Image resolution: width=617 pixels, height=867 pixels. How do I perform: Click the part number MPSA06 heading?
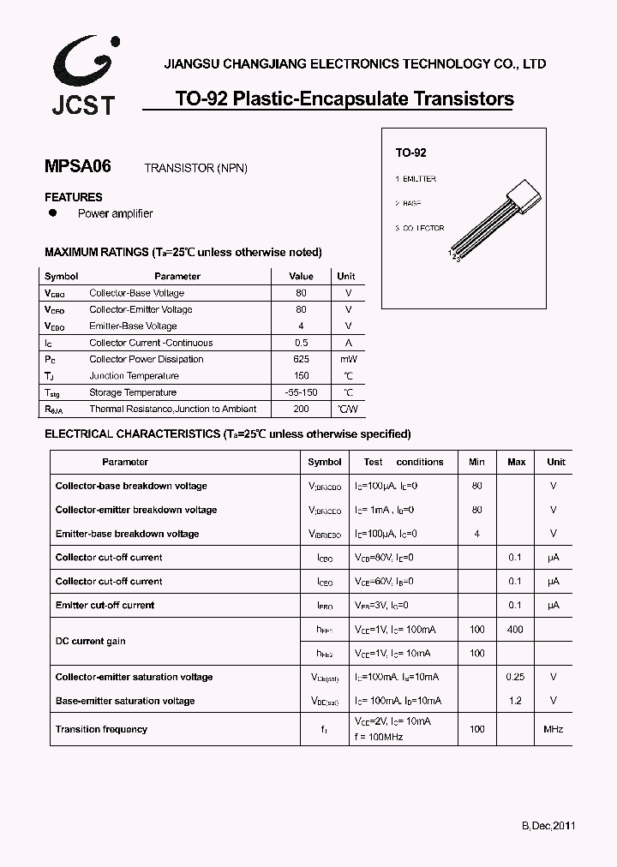pos(77,166)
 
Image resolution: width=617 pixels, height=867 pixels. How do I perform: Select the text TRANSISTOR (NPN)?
pos(195,168)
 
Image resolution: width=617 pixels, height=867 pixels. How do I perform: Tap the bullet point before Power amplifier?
pos(52,212)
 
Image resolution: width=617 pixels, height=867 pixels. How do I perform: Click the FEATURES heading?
pos(73,197)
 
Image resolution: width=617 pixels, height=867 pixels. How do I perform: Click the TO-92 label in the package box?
pos(410,152)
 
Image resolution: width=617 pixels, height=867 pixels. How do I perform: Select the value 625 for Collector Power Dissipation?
pos(301,359)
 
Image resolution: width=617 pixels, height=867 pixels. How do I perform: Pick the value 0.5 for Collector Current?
pos(301,343)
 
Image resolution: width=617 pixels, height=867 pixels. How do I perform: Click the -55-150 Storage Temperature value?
pos(301,392)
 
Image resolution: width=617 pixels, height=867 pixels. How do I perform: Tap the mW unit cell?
pos(347,359)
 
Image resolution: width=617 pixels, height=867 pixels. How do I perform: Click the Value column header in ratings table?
pos(301,277)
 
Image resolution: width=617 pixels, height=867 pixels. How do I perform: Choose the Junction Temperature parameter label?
pos(134,376)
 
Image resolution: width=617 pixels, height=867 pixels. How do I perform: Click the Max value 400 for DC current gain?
pos(516,630)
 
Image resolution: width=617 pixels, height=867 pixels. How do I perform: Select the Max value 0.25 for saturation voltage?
pos(515,677)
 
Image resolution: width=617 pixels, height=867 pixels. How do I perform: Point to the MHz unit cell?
pos(553,729)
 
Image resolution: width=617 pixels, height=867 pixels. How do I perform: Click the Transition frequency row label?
pos(101,729)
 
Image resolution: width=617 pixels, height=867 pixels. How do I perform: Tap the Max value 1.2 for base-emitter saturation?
pos(516,701)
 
